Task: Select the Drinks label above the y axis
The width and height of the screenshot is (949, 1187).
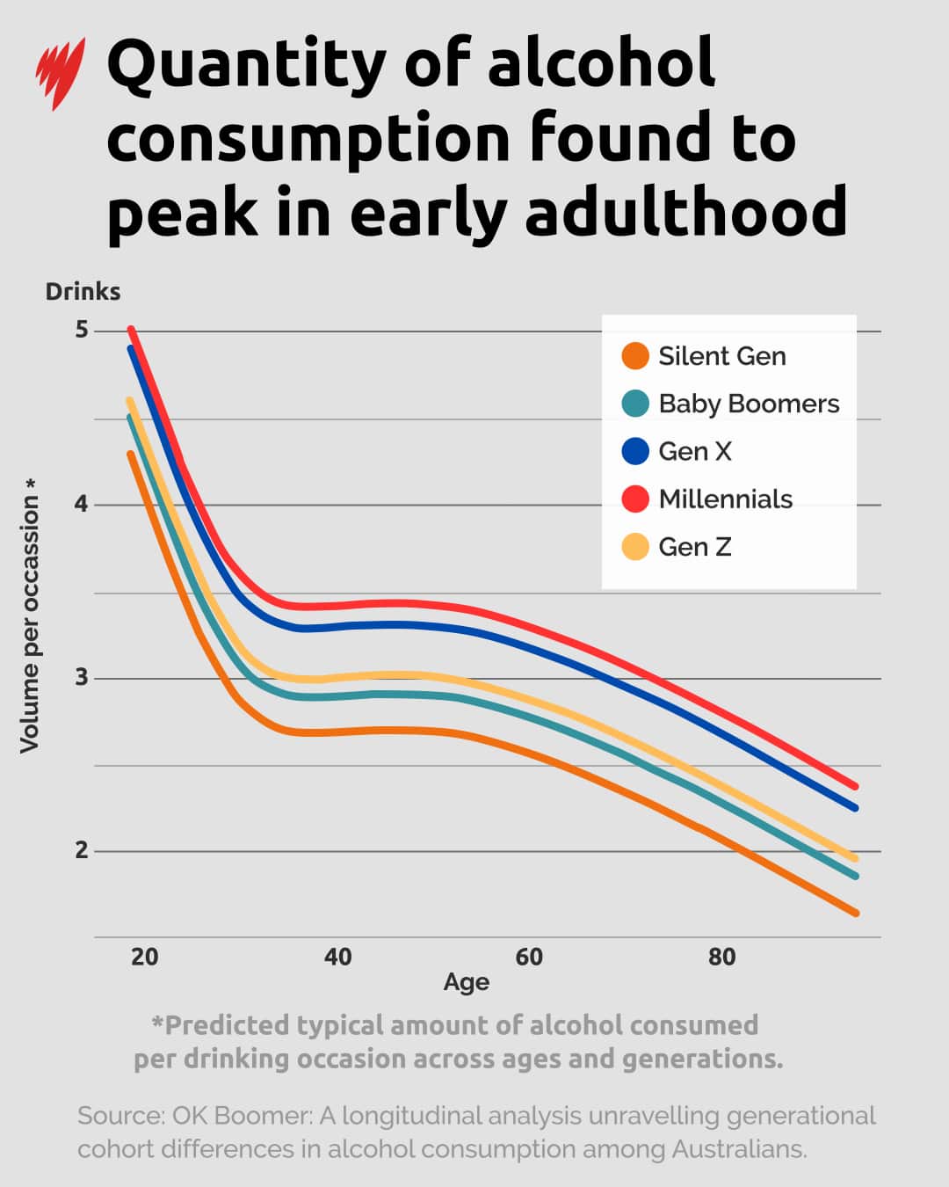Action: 83,292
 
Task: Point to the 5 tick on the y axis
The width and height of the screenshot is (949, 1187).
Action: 82,330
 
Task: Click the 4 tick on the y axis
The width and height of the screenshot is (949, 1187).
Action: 82,504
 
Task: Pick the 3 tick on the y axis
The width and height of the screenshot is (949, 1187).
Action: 82,677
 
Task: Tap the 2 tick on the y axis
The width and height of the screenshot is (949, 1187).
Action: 82,850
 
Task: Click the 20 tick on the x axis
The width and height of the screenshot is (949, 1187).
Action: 144,957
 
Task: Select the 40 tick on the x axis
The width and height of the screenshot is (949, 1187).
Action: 337,957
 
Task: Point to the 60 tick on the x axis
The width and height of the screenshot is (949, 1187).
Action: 529,957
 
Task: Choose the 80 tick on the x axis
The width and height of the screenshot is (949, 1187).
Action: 721,957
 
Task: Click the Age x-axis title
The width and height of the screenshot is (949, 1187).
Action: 466,982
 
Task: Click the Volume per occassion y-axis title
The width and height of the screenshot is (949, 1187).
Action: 30,615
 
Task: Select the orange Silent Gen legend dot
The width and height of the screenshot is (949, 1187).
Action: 634,356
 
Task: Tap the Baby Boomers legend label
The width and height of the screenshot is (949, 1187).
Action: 749,404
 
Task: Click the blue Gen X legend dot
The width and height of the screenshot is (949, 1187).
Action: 634,451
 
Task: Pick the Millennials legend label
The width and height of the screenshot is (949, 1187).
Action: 725,499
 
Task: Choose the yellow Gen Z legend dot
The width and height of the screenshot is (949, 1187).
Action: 634,547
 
